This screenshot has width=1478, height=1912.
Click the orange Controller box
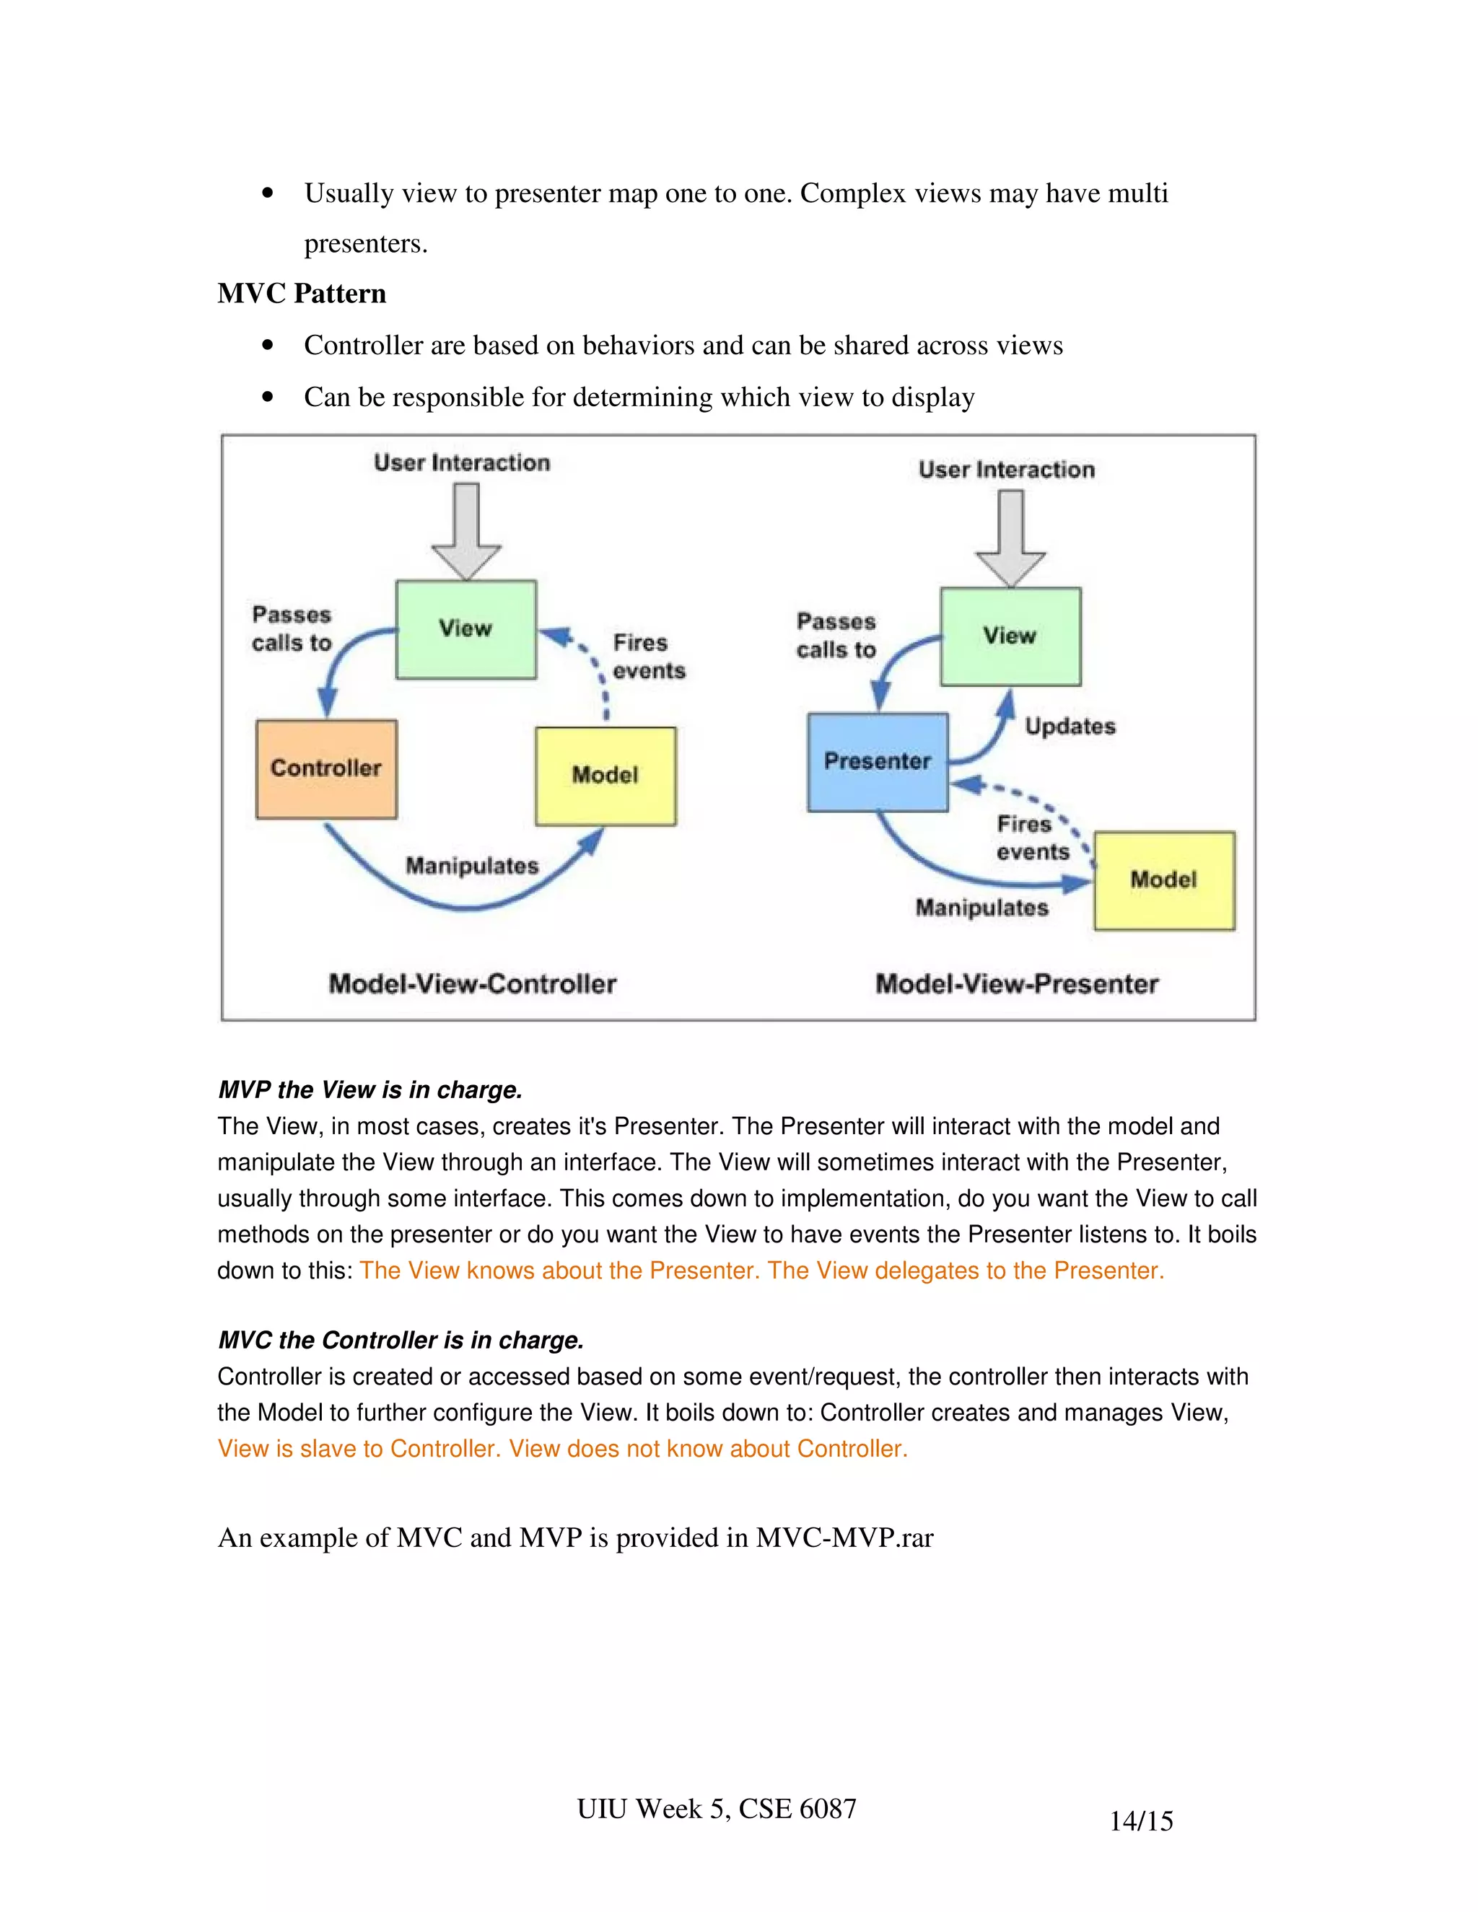(x=325, y=768)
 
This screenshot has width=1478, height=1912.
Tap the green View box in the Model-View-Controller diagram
(x=465, y=628)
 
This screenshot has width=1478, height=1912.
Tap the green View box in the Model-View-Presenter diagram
(x=1010, y=636)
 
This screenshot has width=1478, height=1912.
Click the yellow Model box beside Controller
(x=605, y=776)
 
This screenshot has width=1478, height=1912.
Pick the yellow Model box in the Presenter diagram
(x=1163, y=880)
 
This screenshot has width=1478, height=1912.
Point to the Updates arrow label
(x=1070, y=727)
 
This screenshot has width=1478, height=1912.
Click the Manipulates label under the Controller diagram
(x=472, y=866)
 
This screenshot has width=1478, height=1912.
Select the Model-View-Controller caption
(x=473, y=984)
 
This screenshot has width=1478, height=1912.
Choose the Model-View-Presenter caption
(x=1017, y=984)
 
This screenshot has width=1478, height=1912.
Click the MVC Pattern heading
(x=301, y=293)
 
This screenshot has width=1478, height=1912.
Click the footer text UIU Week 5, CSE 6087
(x=716, y=1809)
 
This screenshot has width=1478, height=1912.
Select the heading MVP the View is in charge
(x=369, y=1090)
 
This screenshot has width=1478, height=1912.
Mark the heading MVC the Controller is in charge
(x=400, y=1341)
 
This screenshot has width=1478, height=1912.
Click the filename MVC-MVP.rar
(x=844, y=1538)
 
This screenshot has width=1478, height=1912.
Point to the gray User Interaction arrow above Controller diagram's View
(x=465, y=530)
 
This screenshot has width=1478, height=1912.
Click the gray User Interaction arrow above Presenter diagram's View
(x=1010, y=538)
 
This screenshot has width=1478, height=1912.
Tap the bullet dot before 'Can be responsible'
(x=268, y=398)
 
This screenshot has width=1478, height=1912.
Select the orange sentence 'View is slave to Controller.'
(x=359, y=1449)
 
